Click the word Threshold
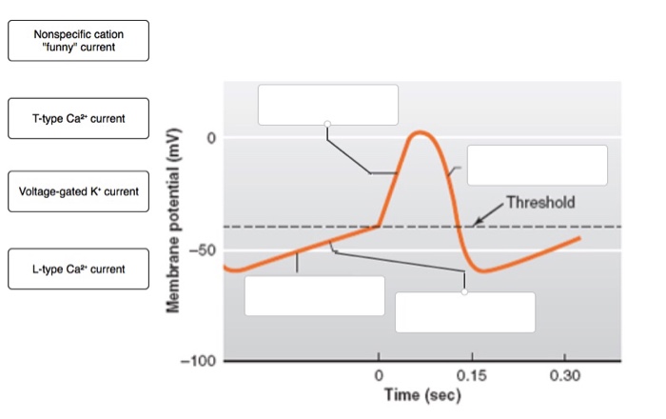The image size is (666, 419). coord(540,202)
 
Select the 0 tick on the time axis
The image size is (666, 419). coord(379,375)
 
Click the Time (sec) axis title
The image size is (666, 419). coord(422,395)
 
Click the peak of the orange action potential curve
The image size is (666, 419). coord(420,133)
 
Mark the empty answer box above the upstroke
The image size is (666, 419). coord(327,105)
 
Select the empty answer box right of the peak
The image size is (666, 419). coord(537,165)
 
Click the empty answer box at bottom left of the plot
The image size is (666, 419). coord(314,295)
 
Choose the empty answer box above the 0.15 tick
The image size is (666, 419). coord(464,312)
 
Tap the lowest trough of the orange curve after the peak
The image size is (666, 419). coord(486,271)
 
